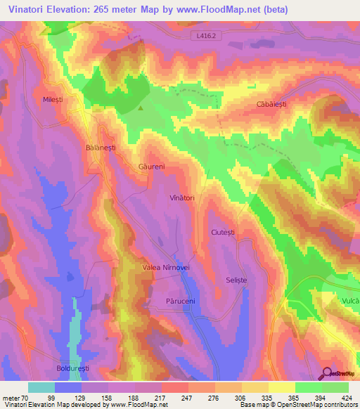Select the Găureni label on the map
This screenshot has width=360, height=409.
click(x=151, y=167)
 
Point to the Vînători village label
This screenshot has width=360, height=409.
click(x=181, y=199)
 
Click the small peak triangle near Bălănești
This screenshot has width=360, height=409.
click(x=141, y=108)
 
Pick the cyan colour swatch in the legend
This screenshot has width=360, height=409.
click(x=41, y=387)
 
